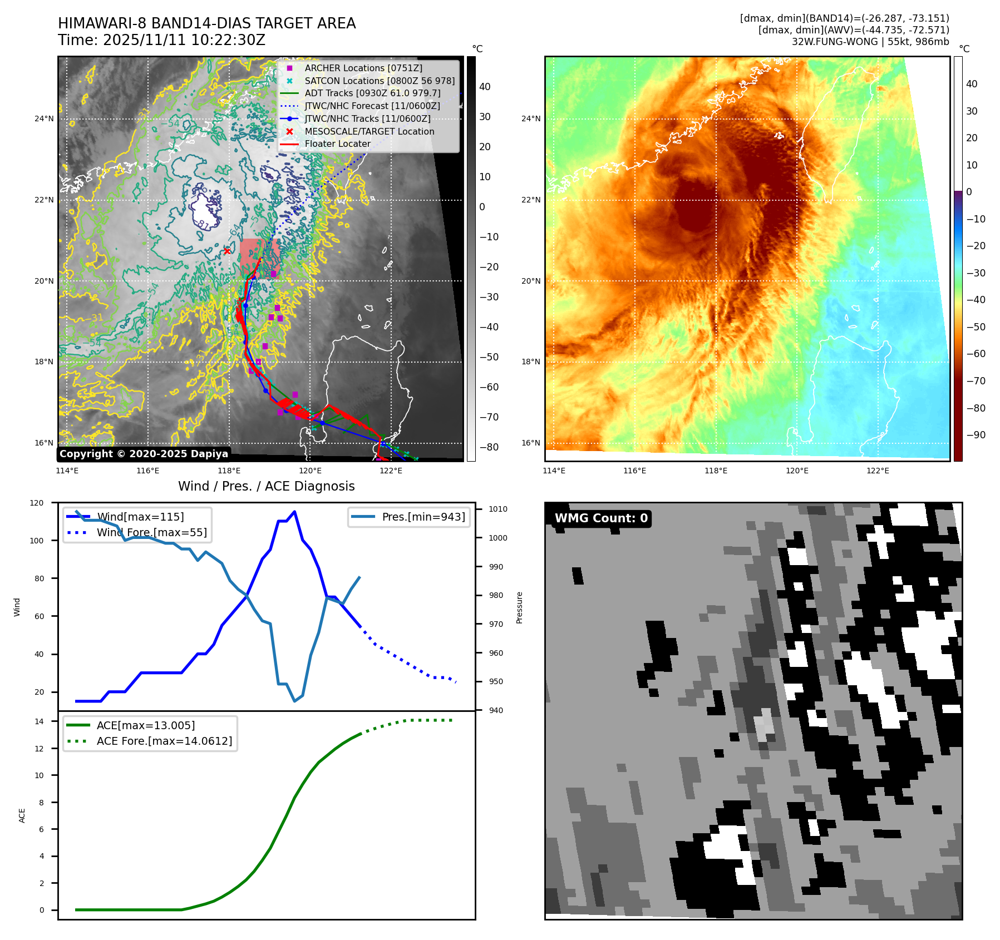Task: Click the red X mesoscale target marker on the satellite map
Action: [227, 251]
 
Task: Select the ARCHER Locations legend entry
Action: [363, 68]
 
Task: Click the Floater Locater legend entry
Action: [337, 144]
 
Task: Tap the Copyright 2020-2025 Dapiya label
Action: [144, 454]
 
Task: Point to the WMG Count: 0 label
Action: [601, 518]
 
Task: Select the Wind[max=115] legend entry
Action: [140, 517]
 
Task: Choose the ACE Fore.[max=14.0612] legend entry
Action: [164, 741]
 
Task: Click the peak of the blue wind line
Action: [294, 512]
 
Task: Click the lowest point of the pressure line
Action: [294, 701]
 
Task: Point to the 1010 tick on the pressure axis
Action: [498, 509]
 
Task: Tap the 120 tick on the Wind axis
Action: [37, 503]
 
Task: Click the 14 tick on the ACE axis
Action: [39, 721]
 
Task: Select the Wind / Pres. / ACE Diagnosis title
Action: [266, 486]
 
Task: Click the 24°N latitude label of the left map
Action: [44, 118]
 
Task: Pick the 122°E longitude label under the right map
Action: [878, 471]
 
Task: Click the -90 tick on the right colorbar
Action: [976, 435]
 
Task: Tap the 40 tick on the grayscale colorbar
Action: [485, 87]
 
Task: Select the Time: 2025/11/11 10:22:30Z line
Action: [161, 40]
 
